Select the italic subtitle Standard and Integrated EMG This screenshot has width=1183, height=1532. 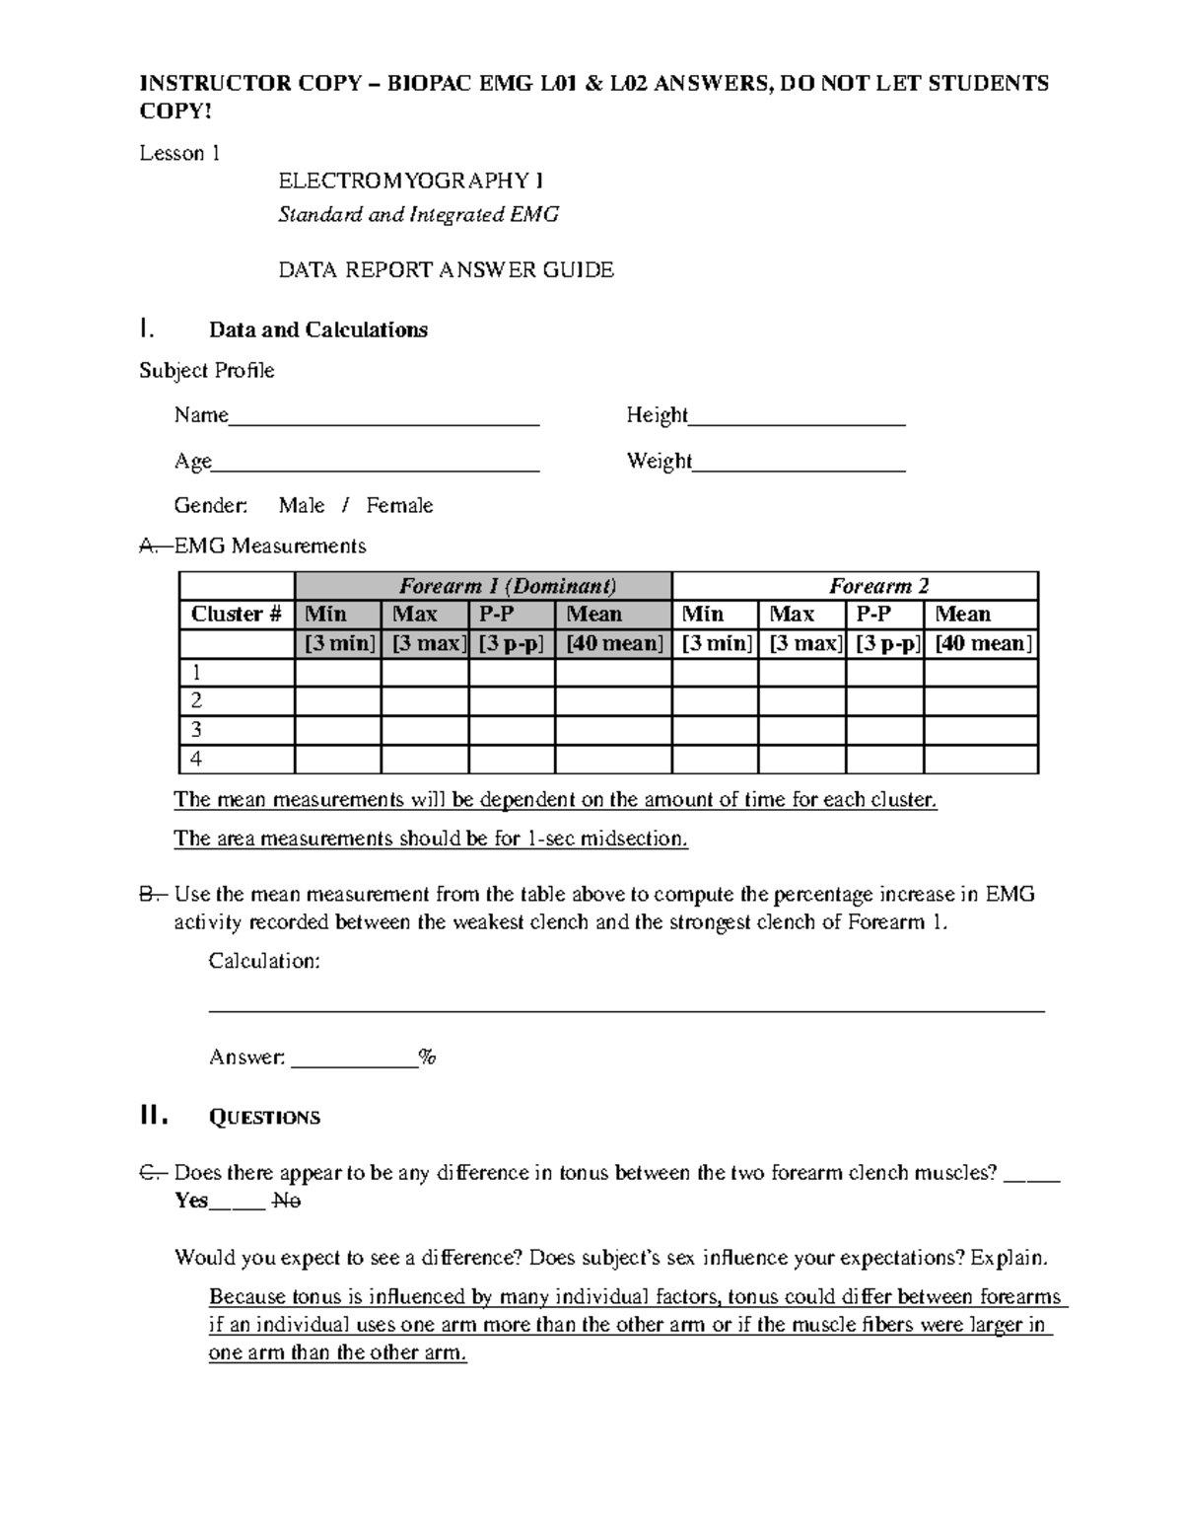pyautogui.click(x=418, y=214)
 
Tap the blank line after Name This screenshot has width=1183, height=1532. pyautogui.click(x=383, y=418)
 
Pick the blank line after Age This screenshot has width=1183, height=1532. pyautogui.click(x=376, y=465)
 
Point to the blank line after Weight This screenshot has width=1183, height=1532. pyautogui.click(x=799, y=465)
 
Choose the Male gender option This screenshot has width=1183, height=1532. pyautogui.click(x=301, y=506)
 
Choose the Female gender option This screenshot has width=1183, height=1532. pyautogui.click(x=399, y=506)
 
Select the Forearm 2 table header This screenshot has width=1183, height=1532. pyautogui.click(x=878, y=586)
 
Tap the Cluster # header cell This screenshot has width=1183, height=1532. pyautogui.click(x=237, y=615)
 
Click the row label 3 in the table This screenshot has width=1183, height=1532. pyautogui.click(x=197, y=730)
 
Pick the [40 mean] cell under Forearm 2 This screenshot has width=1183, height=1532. pyautogui.click(x=982, y=644)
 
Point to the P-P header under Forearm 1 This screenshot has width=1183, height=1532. pyautogui.click(x=497, y=615)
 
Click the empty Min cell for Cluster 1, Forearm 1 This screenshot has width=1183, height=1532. pyautogui.click(x=337, y=673)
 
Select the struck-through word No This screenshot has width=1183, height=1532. pyautogui.click(x=286, y=1201)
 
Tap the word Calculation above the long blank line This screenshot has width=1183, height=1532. pyautogui.click(x=263, y=961)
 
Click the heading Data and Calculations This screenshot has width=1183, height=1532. pyautogui.click(x=317, y=329)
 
